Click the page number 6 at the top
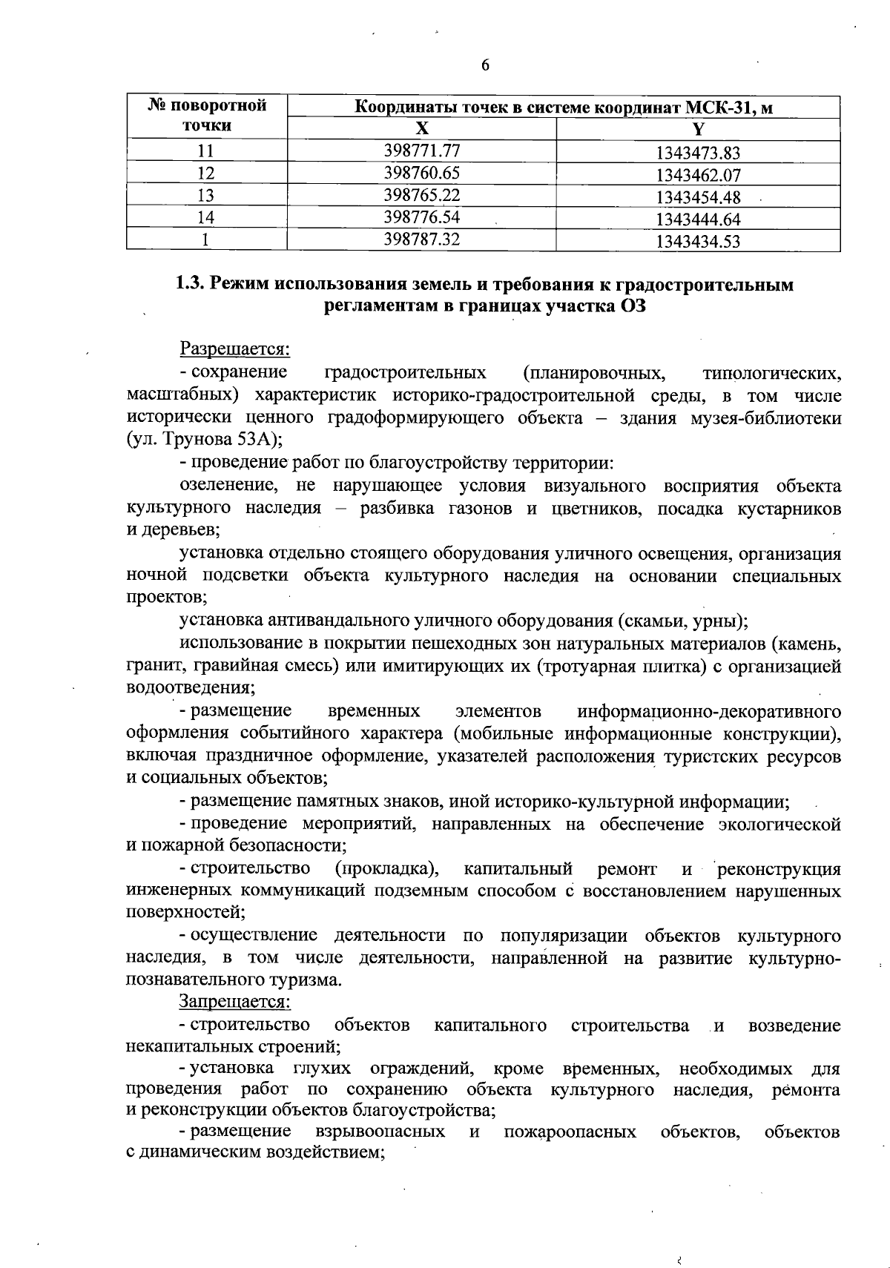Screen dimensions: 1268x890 click(485, 65)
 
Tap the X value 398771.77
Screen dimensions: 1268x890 click(422, 151)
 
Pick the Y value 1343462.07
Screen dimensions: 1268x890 click(698, 176)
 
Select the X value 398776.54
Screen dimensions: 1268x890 click(422, 217)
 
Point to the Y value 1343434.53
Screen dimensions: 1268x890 click(698, 241)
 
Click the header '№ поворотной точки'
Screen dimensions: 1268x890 click(207, 116)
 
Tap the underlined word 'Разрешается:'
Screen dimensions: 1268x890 click(234, 348)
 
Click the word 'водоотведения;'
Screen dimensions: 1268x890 click(190, 687)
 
